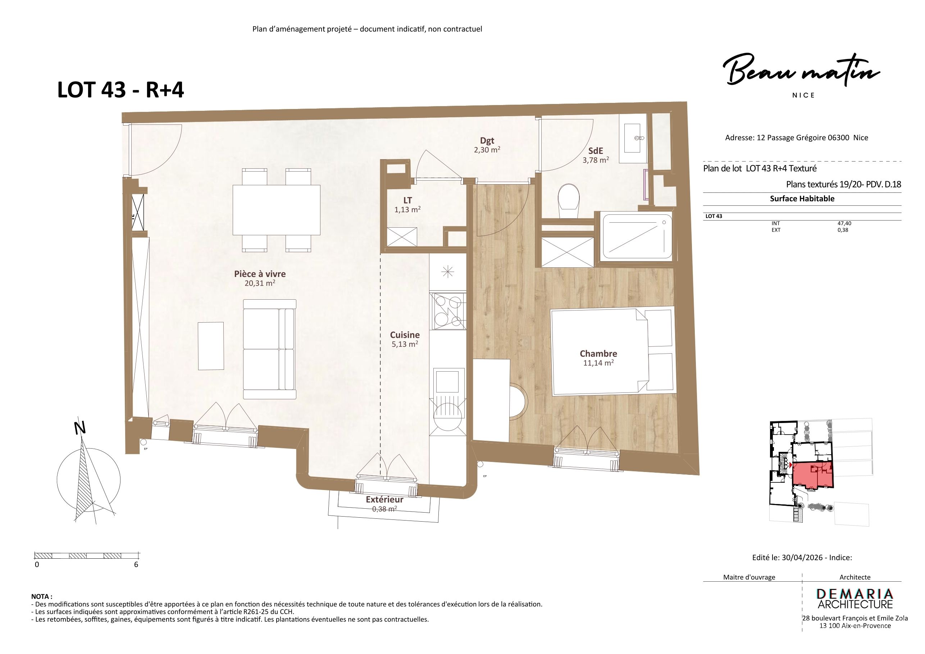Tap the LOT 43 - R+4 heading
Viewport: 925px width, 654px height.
(120, 90)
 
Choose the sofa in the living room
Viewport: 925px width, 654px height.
(269, 349)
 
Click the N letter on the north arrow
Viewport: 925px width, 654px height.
(80, 428)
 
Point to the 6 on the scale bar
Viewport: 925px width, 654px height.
(136, 564)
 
